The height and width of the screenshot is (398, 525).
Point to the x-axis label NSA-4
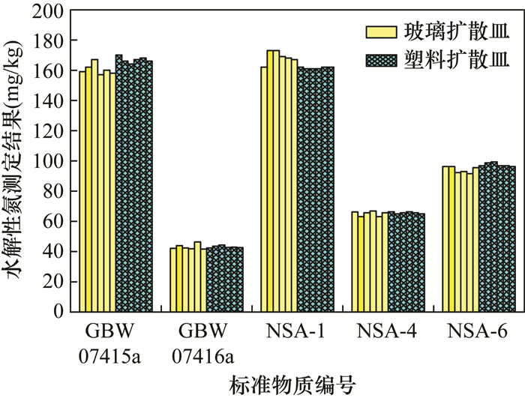tap(388, 331)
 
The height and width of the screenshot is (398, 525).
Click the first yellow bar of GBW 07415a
tap(82, 191)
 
